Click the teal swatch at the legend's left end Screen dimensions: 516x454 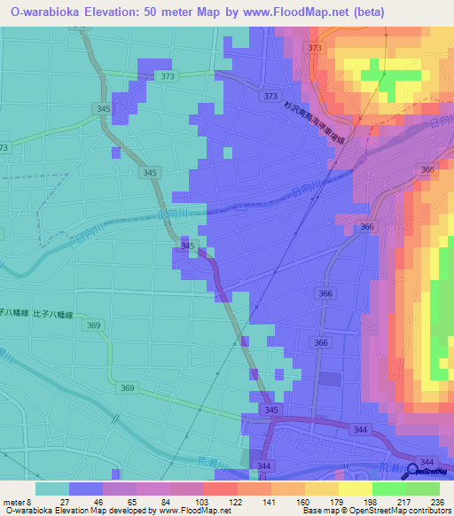(51, 489)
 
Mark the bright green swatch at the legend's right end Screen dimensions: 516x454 (423, 489)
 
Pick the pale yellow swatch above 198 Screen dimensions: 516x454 (355, 489)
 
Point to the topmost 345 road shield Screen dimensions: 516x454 (103, 108)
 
